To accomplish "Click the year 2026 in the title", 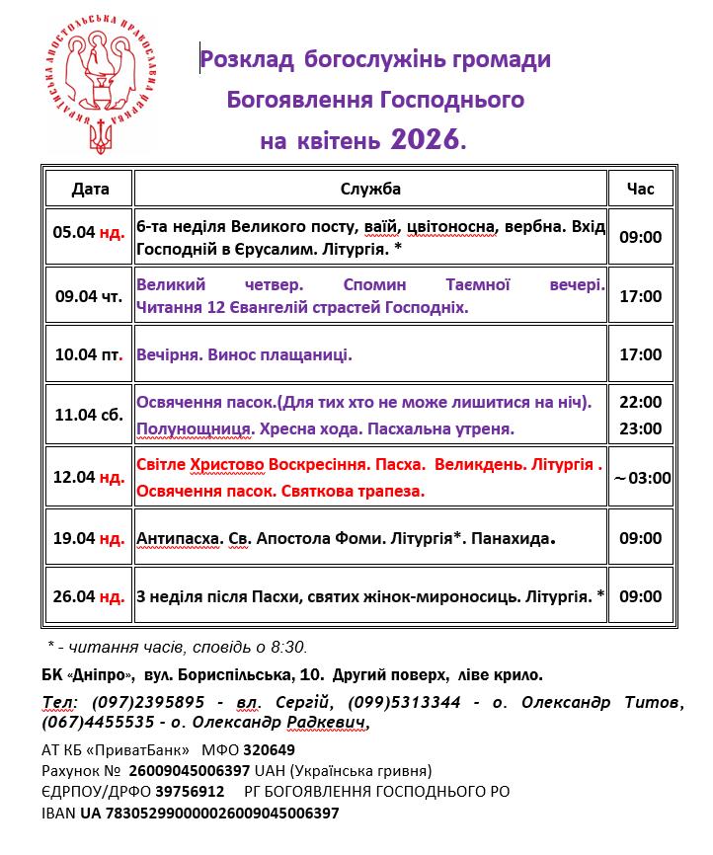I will (426, 140).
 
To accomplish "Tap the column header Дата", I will (90, 189).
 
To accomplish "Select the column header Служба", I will (370, 189).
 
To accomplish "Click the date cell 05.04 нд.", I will (89, 233).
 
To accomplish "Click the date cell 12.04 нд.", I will (89, 477).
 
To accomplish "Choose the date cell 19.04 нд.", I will (89, 538).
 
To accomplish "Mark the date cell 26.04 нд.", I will (89, 596).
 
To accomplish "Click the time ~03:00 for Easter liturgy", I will (642, 478).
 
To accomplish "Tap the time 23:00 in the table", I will (640, 427).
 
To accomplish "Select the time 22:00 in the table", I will (640, 402).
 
